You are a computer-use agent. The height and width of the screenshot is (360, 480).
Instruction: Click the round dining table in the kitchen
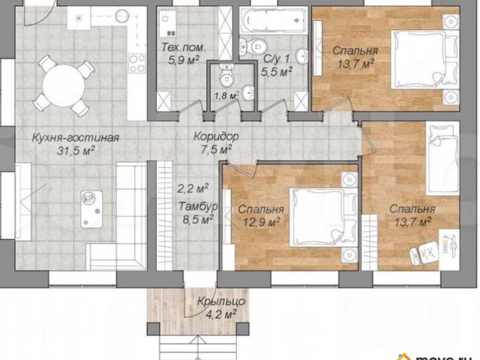point(64,85)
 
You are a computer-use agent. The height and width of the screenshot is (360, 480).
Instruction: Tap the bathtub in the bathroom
point(273,20)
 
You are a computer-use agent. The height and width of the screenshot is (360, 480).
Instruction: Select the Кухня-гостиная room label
point(76,137)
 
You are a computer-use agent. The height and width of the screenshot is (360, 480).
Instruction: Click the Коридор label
point(216,136)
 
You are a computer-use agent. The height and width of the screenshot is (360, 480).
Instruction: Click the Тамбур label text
point(198,206)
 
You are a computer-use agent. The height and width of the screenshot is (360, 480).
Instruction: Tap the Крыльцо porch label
point(221,301)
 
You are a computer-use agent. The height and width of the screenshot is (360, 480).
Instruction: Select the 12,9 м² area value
point(262,222)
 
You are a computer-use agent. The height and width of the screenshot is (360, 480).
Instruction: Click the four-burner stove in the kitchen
point(136,63)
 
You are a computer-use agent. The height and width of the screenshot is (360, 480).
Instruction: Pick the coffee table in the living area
point(91,209)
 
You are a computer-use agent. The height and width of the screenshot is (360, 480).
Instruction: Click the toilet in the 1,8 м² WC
point(226,76)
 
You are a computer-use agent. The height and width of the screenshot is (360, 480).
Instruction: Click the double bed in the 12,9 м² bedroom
point(323,217)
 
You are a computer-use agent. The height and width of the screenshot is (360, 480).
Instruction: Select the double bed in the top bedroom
point(424,59)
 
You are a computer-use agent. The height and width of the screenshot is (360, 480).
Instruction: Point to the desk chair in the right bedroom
point(424,252)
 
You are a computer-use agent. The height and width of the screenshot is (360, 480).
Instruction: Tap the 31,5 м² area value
point(75,150)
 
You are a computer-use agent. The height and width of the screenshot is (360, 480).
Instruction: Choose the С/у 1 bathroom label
point(276,58)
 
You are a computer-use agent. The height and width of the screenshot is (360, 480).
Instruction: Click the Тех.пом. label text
point(184,47)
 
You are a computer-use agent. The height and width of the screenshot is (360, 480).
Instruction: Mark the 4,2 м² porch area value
point(221,314)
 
